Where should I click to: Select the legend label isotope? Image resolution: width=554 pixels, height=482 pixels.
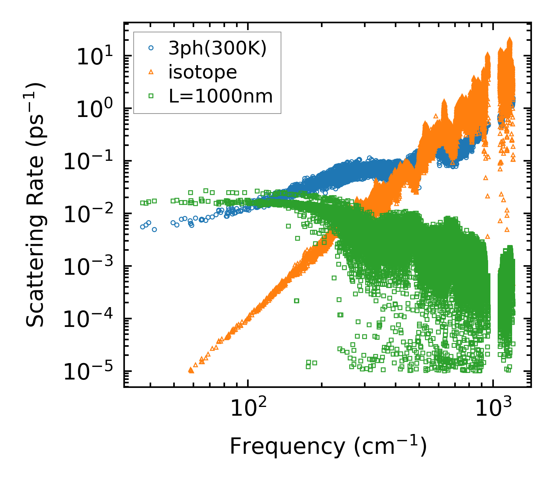203,72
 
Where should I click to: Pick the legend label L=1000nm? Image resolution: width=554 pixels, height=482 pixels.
221,96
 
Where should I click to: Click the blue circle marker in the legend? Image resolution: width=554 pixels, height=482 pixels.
151,48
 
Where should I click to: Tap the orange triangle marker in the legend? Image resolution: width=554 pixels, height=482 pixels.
151,72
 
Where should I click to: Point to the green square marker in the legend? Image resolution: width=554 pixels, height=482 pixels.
151,96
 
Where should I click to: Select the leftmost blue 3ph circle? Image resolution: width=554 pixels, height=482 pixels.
143,227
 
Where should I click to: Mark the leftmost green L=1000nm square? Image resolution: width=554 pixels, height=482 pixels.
142,203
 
